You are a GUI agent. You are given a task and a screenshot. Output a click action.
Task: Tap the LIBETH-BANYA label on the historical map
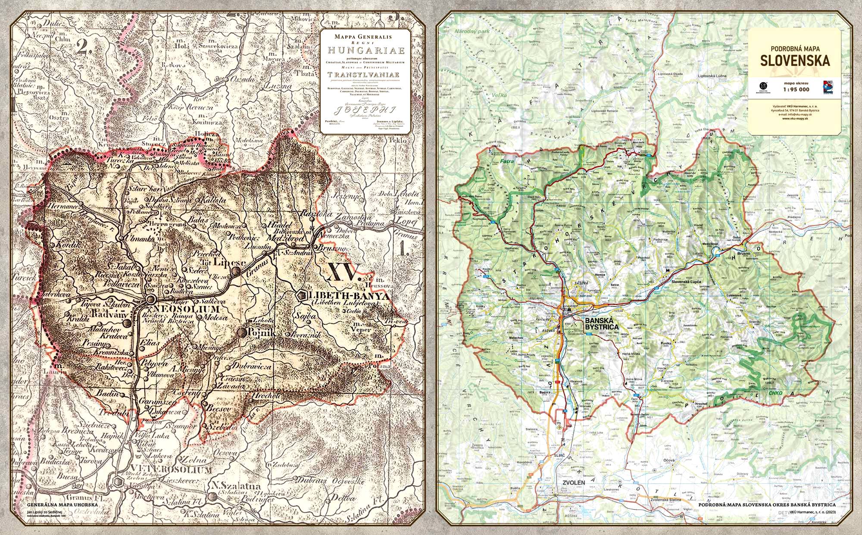(350, 297)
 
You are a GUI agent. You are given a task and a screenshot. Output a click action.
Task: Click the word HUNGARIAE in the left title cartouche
(365, 50)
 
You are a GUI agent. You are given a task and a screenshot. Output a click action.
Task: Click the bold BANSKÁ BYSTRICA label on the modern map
(601, 324)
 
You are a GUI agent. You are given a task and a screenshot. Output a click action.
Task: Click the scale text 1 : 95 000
(794, 90)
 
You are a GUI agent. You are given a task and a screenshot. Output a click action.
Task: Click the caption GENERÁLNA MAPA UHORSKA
(63, 504)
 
